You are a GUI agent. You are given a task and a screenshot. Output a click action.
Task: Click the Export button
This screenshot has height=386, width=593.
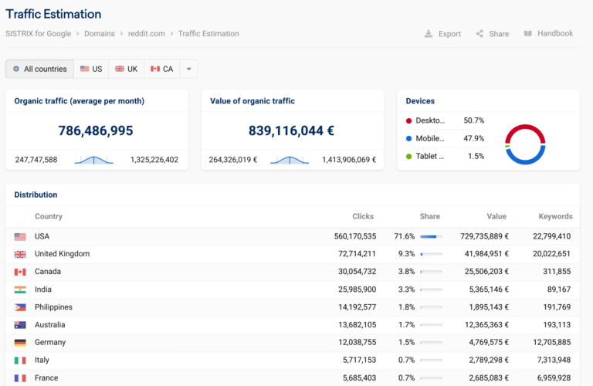point(442,34)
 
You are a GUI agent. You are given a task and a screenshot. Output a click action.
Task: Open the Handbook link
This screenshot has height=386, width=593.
point(548,34)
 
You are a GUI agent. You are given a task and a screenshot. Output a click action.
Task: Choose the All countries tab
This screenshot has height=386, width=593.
point(39,69)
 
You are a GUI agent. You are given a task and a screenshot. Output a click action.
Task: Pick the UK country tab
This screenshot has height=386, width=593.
point(126,69)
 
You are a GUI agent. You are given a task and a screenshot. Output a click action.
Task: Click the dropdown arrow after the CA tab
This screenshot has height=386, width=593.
point(188,69)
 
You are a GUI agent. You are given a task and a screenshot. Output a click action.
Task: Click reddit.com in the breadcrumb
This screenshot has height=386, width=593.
point(147,34)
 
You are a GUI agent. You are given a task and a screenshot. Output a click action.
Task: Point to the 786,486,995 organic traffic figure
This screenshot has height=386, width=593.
point(96,130)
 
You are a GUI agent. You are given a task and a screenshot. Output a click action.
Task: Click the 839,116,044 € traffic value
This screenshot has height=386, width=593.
point(291,130)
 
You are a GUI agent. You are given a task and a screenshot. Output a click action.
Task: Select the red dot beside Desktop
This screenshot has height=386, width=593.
point(408,121)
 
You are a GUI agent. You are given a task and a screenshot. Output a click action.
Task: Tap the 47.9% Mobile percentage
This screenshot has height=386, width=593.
point(473,139)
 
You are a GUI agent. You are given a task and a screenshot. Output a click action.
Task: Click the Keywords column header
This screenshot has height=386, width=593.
point(556,217)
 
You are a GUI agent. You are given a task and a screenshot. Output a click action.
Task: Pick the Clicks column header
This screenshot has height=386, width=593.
point(363,217)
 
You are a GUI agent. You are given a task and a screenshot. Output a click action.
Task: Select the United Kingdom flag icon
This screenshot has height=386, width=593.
point(20,254)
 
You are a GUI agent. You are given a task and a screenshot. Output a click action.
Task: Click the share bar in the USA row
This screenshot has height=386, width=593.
point(431,236)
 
